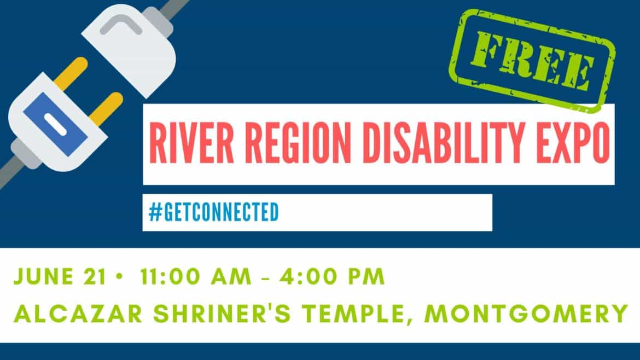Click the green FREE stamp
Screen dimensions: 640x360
[x=532, y=60]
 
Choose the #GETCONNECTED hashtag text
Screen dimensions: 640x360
[x=213, y=212]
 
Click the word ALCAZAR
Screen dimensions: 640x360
[x=78, y=313]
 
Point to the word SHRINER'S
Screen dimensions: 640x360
[x=222, y=313]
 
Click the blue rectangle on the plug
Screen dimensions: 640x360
[x=55, y=124]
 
